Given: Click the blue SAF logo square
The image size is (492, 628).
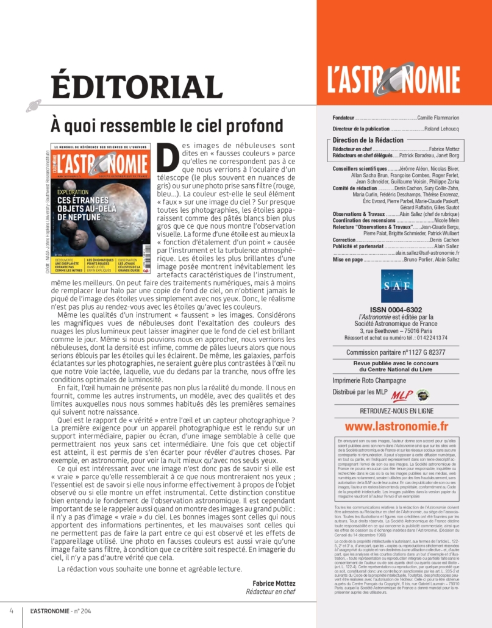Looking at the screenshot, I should [396, 286].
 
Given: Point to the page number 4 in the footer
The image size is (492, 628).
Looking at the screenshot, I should [11, 610].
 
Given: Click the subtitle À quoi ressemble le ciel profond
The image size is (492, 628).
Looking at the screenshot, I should [167, 126].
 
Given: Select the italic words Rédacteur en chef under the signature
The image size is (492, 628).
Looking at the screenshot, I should [271, 591].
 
